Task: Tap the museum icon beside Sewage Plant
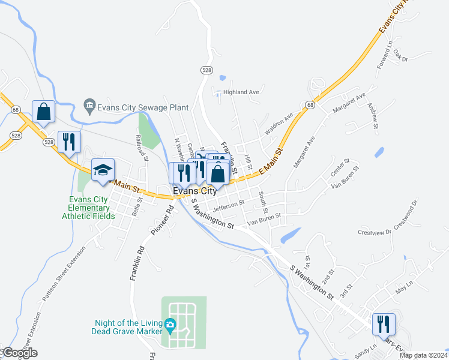89,107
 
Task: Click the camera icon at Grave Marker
170,326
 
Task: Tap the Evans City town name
194,191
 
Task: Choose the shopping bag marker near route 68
44,112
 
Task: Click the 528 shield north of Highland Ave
206,70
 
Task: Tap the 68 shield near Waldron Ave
310,105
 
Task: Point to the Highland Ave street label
241,92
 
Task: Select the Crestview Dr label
374,232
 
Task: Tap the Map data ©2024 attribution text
423,355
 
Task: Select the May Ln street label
405,292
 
